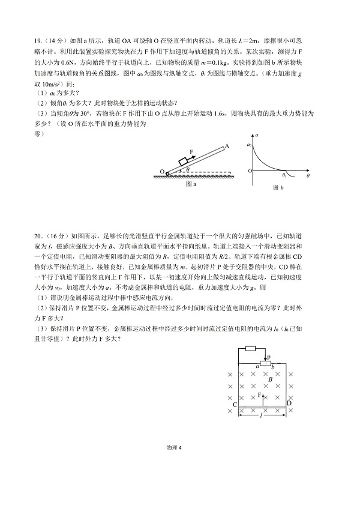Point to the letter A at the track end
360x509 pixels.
227,145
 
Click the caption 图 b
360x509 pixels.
277,188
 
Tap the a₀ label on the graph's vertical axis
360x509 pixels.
249,144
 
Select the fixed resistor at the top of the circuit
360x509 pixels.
251,348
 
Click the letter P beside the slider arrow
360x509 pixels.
269,357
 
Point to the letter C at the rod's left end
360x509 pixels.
236,406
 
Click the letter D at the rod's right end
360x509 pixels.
289,404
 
